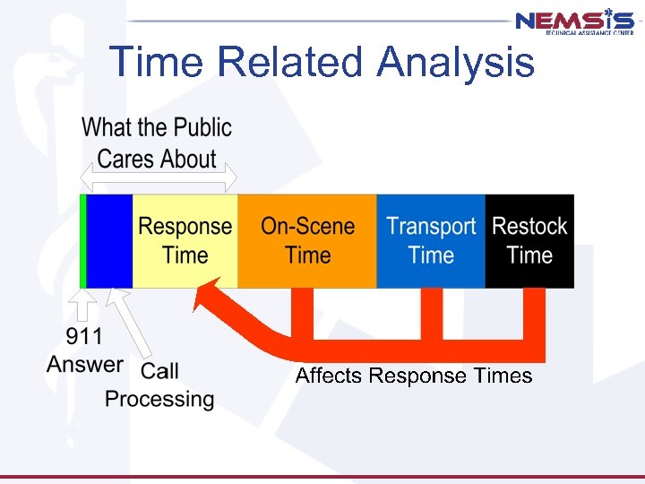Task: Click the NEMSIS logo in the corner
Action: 574,22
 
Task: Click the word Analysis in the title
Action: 456,63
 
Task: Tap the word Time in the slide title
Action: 158,63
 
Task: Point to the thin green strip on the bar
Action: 82,241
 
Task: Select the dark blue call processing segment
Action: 109,241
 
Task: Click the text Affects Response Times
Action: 414,376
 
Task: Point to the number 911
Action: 85,338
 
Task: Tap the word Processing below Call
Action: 159,399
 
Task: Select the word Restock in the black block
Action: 529,226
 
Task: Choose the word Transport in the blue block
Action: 431,227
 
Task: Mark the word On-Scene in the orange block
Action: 307,226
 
